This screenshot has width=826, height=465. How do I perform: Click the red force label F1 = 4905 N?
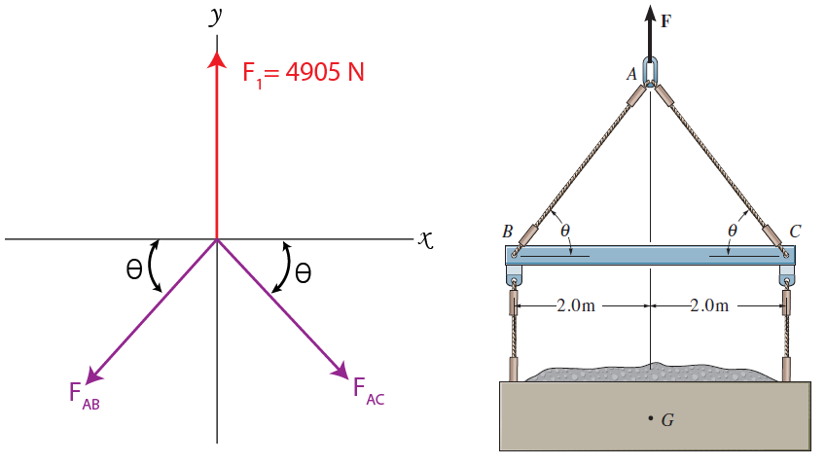click(304, 73)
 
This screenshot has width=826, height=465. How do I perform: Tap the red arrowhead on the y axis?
click(216, 58)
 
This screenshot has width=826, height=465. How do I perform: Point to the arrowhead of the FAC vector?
click(341, 371)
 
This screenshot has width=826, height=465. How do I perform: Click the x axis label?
click(423, 237)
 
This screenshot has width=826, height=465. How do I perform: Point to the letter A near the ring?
click(631, 73)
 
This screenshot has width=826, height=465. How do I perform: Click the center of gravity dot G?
click(650, 419)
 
